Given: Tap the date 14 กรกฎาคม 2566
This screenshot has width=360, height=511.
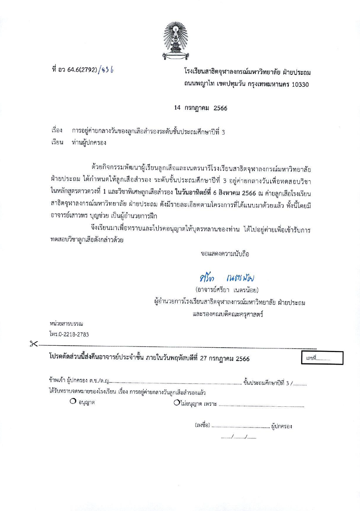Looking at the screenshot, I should [200, 108].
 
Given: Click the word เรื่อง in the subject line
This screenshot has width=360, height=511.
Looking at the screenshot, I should [57, 131].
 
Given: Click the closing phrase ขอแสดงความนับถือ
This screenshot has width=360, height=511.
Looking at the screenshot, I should [225, 254].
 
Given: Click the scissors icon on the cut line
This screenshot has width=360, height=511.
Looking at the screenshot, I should [33, 344].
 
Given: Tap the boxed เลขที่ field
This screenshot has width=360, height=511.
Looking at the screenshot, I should [322, 358].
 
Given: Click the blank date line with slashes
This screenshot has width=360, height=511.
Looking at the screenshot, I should [238, 437].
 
